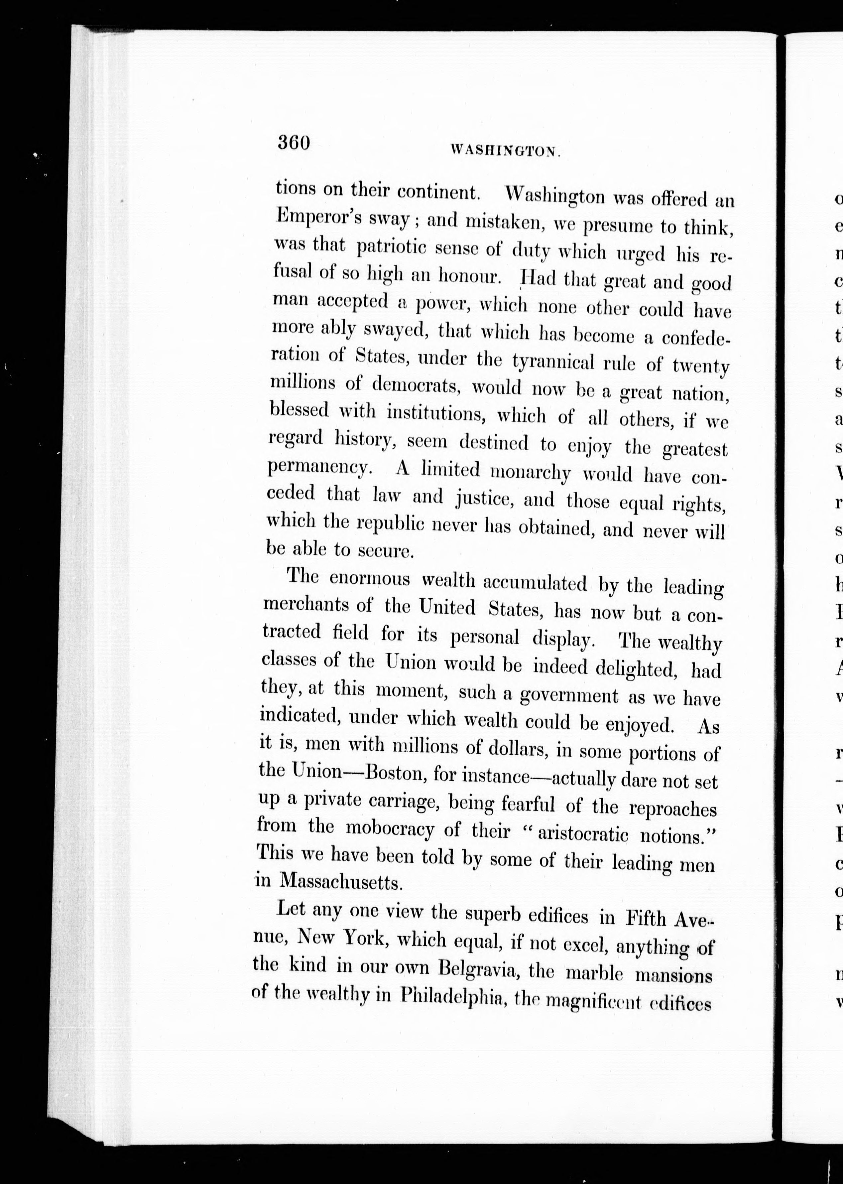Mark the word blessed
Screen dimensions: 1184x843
point(299,410)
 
